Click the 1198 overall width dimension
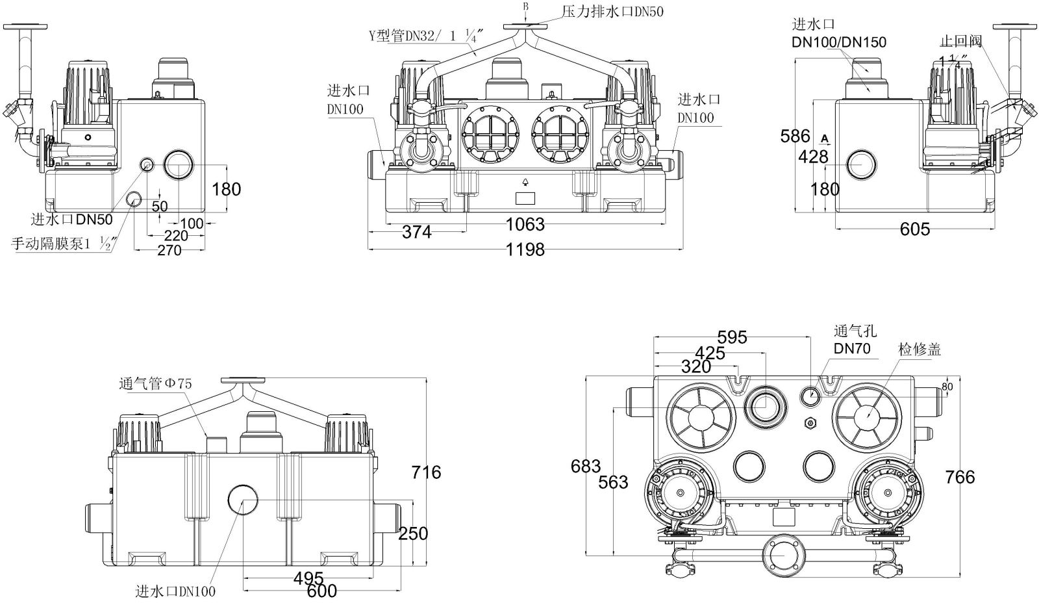pos(525,249)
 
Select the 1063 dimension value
pos(525,225)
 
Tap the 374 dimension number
pos(416,232)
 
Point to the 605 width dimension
pos(914,229)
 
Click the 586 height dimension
pos(795,136)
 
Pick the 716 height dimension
pos(425,472)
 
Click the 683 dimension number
pos(586,466)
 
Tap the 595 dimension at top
pos(732,337)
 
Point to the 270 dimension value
pos(169,250)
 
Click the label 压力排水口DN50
pos(612,11)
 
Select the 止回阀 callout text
pos(960,42)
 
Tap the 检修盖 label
pos(920,349)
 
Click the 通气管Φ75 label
pos(155,383)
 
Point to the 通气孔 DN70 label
pos(851,340)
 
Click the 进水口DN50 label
pos(71,220)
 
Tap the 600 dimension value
pos(322,591)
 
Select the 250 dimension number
pos(413,533)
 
